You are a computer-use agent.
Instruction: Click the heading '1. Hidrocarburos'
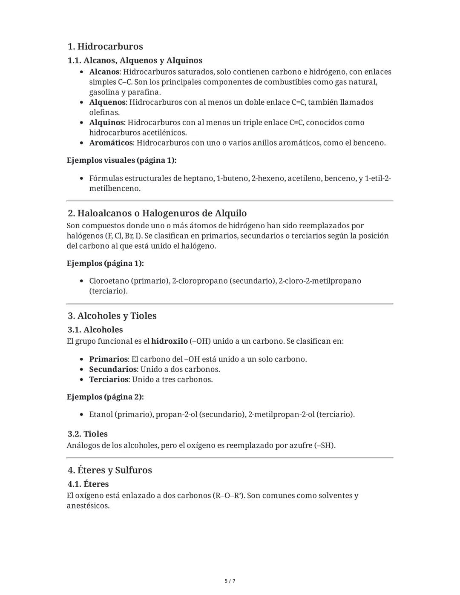pos(105,46)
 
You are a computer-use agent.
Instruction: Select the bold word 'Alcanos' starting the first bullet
pos(104,72)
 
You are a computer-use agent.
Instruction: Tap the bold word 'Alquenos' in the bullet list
pos(107,102)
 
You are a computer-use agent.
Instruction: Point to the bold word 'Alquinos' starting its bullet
pos(106,123)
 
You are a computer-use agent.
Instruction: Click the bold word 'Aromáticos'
pos(111,143)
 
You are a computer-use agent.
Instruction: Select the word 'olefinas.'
pos(104,112)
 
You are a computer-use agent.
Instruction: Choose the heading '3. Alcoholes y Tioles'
pos(112,316)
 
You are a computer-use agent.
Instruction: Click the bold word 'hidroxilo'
pos(169,341)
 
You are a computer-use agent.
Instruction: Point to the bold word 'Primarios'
pos(108,359)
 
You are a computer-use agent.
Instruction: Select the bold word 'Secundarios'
pos(113,369)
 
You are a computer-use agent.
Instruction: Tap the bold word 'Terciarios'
pos(109,379)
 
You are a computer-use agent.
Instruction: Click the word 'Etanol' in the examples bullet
pos(101,414)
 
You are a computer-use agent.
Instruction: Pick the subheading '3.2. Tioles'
pos(87,434)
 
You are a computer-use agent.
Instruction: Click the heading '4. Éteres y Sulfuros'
pos(110,470)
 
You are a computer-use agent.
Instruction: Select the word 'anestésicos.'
pos(88,506)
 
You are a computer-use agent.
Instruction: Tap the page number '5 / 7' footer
pos(230,581)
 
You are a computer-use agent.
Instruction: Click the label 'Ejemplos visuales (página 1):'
pos(121,161)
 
